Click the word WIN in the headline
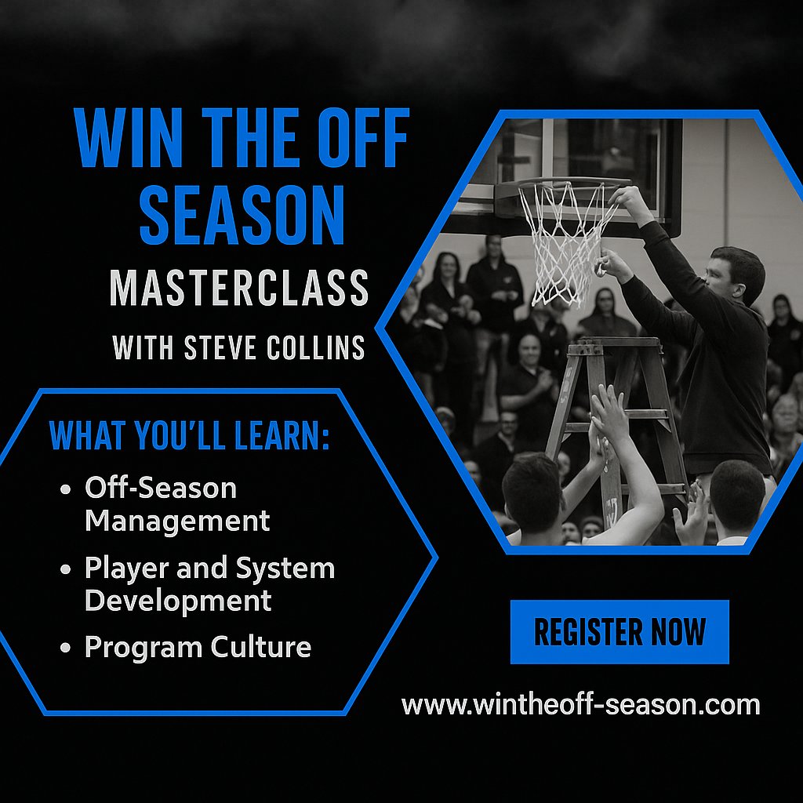[126, 140]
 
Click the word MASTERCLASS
[239, 288]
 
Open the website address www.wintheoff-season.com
[580, 703]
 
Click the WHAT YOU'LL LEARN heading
[189, 437]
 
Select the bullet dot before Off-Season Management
[66, 489]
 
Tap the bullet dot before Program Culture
[66, 649]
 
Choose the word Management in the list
[177, 521]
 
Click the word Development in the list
[178, 601]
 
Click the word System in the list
[290, 569]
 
